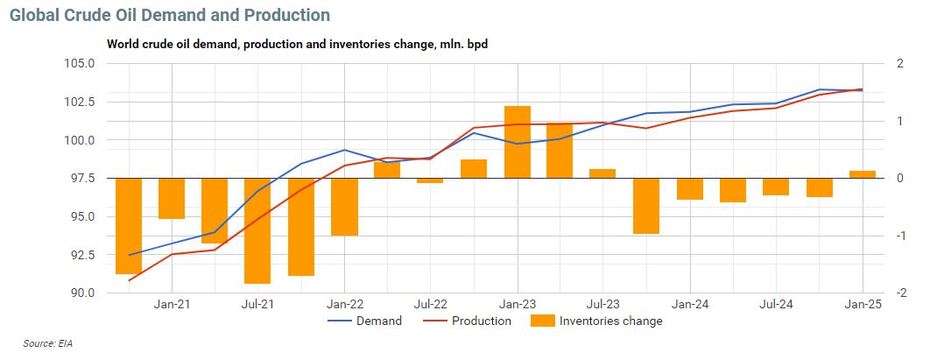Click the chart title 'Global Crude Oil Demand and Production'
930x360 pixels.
tap(170, 16)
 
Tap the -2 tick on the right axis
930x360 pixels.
tap(878, 293)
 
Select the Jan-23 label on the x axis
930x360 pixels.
tap(517, 304)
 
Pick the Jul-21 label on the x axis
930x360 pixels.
tap(257, 304)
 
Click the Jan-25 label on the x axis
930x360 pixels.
tap(863, 304)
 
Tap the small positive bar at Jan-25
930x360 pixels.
tap(863, 174)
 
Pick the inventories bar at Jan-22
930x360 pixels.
tap(344, 207)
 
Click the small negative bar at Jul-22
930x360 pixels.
tap(430, 180)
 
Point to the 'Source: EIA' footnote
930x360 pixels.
tap(48, 343)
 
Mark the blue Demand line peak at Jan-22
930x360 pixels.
tap(344, 150)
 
